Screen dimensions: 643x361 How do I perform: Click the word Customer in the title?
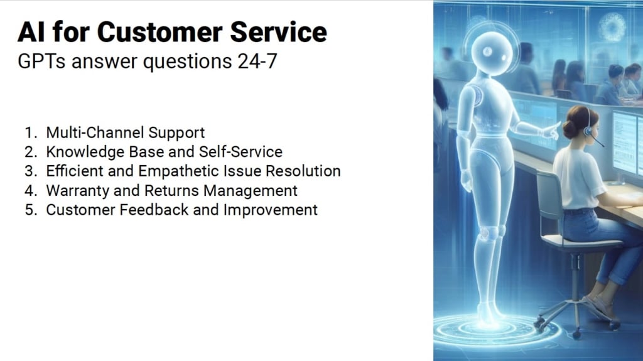(159, 32)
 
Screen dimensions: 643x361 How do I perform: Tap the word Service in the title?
(278, 32)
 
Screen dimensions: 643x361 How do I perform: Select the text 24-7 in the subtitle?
(257, 62)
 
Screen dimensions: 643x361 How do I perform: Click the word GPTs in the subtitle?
(41, 62)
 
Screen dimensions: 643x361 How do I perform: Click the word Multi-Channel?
(95, 132)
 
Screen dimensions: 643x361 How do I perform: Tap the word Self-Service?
(240, 152)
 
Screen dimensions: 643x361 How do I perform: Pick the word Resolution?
(303, 171)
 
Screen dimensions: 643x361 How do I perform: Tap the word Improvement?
(270, 210)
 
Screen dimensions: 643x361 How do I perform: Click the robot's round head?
(491, 53)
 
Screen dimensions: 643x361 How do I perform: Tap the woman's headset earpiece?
(588, 131)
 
